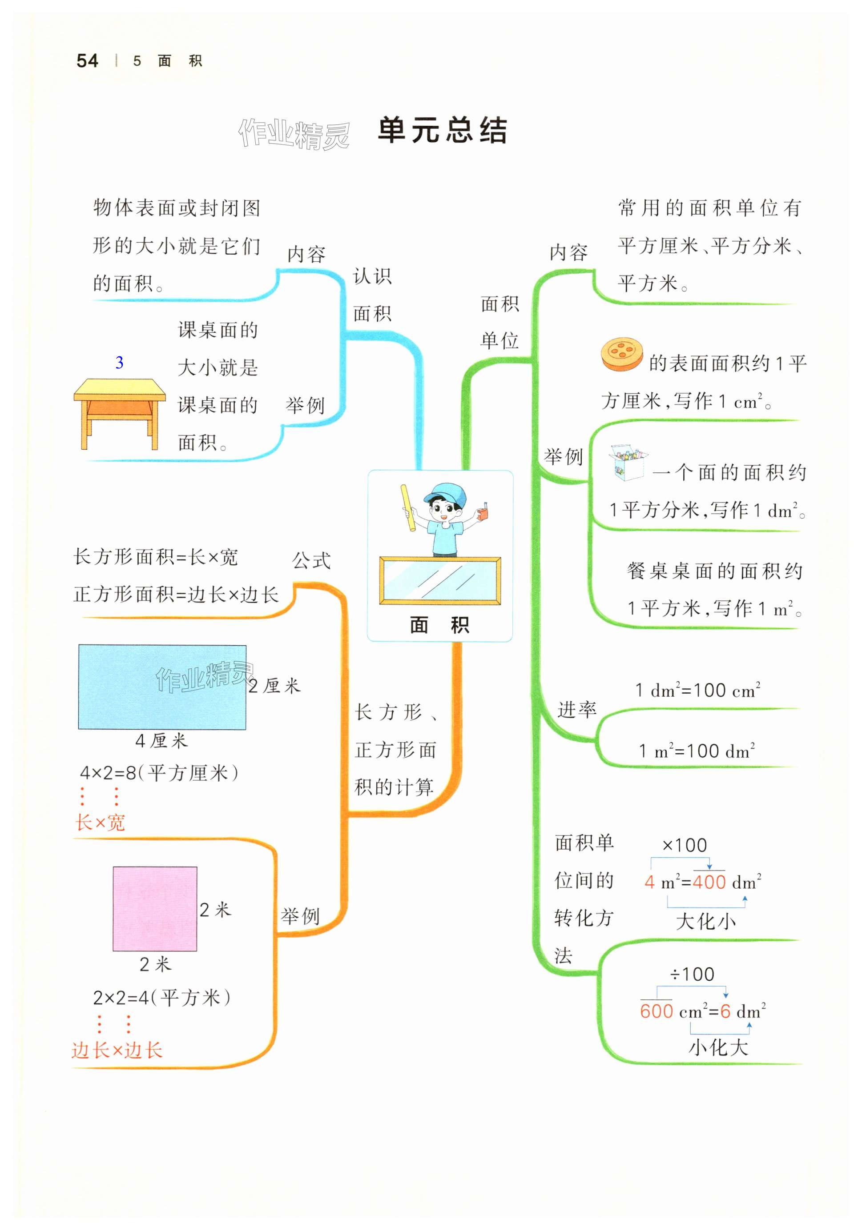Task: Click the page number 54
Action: click(x=87, y=60)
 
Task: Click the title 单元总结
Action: click(x=442, y=130)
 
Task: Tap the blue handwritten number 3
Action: click(x=120, y=363)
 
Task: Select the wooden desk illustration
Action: click(x=120, y=413)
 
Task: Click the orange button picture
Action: click(x=622, y=354)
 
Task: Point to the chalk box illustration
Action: click(x=627, y=462)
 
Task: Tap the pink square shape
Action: click(x=154, y=909)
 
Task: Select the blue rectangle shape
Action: click(x=162, y=687)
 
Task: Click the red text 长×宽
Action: click(x=100, y=823)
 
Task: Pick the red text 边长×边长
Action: click(x=117, y=1050)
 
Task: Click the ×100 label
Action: click(x=685, y=845)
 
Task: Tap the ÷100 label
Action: click(x=692, y=974)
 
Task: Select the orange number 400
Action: click(x=709, y=882)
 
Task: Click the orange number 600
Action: click(x=656, y=1011)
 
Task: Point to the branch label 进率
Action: click(x=577, y=709)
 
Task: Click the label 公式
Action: click(x=311, y=560)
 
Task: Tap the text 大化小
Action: click(x=705, y=922)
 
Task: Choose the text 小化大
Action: click(x=718, y=1047)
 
